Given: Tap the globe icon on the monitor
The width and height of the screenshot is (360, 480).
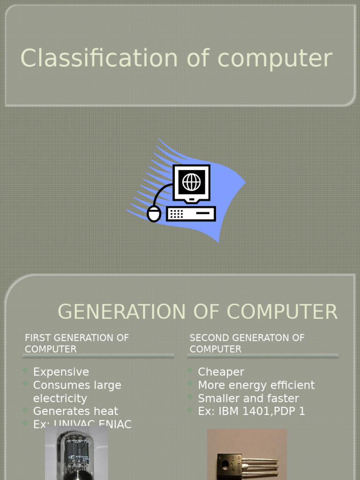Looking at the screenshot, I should click(x=191, y=182).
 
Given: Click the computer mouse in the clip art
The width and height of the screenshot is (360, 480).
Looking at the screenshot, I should click(x=154, y=214).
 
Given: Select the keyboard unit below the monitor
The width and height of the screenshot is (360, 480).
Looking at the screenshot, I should click(x=191, y=214).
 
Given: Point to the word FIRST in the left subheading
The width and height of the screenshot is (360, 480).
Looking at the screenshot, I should click(x=37, y=338).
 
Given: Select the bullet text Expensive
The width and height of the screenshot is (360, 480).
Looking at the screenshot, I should click(x=61, y=372).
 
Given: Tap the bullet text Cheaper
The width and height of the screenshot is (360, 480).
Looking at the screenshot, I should click(x=221, y=372).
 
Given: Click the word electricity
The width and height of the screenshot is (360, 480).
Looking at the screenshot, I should click(x=60, y=398).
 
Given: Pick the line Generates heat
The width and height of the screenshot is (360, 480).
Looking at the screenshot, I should click(x=75, y=412).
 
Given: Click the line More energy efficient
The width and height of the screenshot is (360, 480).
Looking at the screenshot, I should click(x=256, y=385).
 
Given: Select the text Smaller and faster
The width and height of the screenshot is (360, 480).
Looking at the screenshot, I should click(x=248, y=398).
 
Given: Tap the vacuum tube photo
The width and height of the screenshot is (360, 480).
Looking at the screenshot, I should click(x=76, y=454).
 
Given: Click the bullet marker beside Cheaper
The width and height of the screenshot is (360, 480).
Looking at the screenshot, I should click(x=190, y=371).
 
